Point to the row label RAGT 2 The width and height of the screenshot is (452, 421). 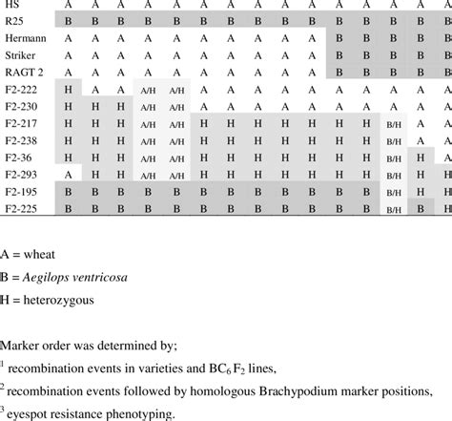pos(22,72)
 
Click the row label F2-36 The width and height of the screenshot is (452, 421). pos(18,158)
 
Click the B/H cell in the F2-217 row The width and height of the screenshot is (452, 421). pos(394,124)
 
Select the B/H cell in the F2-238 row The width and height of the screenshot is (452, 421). pos(394,141)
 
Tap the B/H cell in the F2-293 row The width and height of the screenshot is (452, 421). pos(394,176)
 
